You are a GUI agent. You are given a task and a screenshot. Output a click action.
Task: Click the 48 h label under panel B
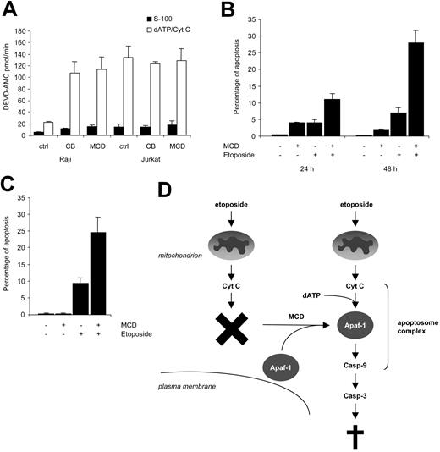(388, 179)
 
